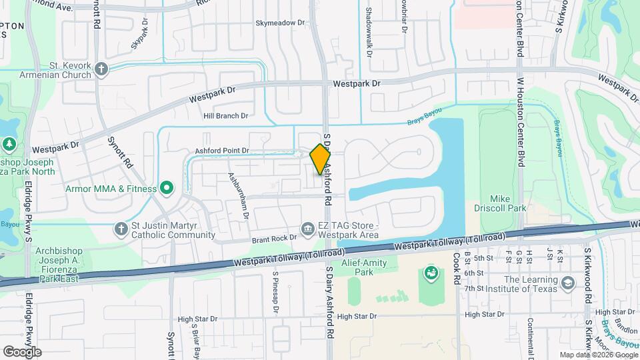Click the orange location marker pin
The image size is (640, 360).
click(320, 159)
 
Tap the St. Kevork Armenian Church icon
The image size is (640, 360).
click(101, 69)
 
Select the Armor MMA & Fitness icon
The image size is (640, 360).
click(167, 189)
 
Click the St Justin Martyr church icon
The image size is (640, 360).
click(121, 229)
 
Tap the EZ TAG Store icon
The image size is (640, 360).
click(307, 229)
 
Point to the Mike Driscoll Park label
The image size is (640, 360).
click(509, 203)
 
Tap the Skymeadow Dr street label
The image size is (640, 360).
click(280, 23)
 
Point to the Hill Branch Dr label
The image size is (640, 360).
click(226, 115)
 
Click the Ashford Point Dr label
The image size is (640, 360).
click(222, 151)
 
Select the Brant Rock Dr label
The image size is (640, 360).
click(274, 238)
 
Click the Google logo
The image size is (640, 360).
click(22, 351)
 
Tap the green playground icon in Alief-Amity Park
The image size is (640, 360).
click(431, 273)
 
